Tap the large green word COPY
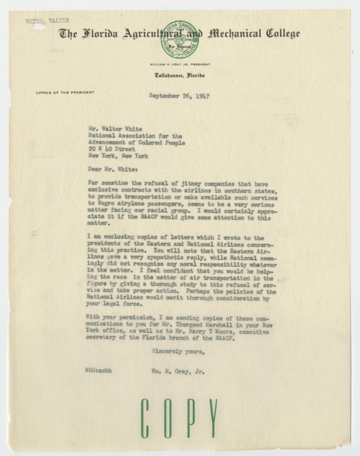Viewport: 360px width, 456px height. coord(179,420)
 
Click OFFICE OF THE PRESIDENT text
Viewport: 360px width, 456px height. coord(60,93)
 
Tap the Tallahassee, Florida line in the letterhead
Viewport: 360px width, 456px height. coord(179,76)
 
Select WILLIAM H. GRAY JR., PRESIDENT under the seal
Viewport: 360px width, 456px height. coord(179,64)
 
